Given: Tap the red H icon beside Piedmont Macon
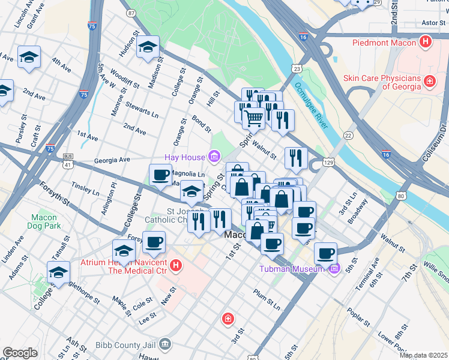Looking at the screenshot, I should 426,42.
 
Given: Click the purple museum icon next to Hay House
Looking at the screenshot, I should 214,157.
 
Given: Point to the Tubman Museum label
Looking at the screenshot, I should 294,268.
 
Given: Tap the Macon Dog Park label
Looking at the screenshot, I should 44,221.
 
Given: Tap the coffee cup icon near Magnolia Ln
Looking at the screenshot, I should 160,175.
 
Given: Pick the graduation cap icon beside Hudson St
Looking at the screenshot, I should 147,47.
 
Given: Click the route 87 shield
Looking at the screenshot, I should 131,12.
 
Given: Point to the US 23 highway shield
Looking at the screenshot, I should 297,70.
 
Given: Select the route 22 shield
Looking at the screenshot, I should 348,135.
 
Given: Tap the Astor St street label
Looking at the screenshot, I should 432,23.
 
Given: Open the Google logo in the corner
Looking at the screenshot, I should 20,353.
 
